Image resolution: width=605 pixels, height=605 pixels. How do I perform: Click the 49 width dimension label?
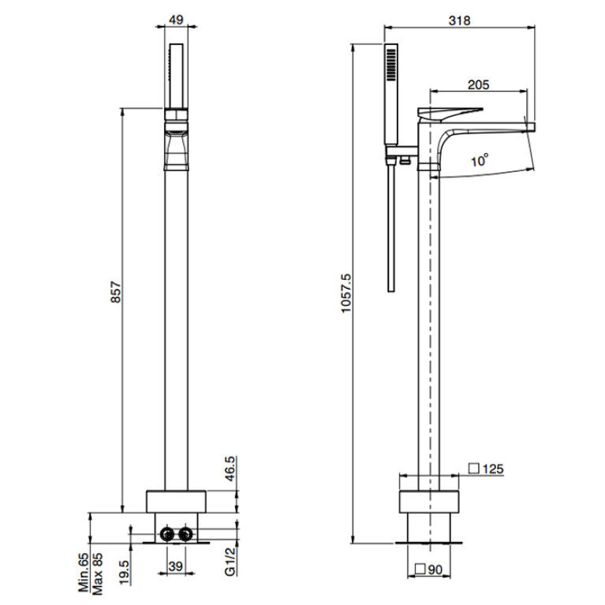(x=177, y=20)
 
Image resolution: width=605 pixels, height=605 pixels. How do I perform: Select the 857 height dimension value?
(x=116, y=293)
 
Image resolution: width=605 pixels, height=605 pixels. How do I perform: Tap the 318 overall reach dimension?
(x=460, y=21)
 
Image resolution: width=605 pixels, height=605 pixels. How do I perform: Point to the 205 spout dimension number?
(x=479, y=84)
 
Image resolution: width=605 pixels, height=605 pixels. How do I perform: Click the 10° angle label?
(x=480, y=159)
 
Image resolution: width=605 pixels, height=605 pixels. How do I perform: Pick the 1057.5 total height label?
(x=346, y=293)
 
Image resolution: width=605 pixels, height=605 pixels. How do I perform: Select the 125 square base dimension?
(x=486, y=469)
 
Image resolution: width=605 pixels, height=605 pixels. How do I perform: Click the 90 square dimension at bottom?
(x=428, y=570)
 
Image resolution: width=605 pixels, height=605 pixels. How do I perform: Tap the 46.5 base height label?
(x=230, y=469)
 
